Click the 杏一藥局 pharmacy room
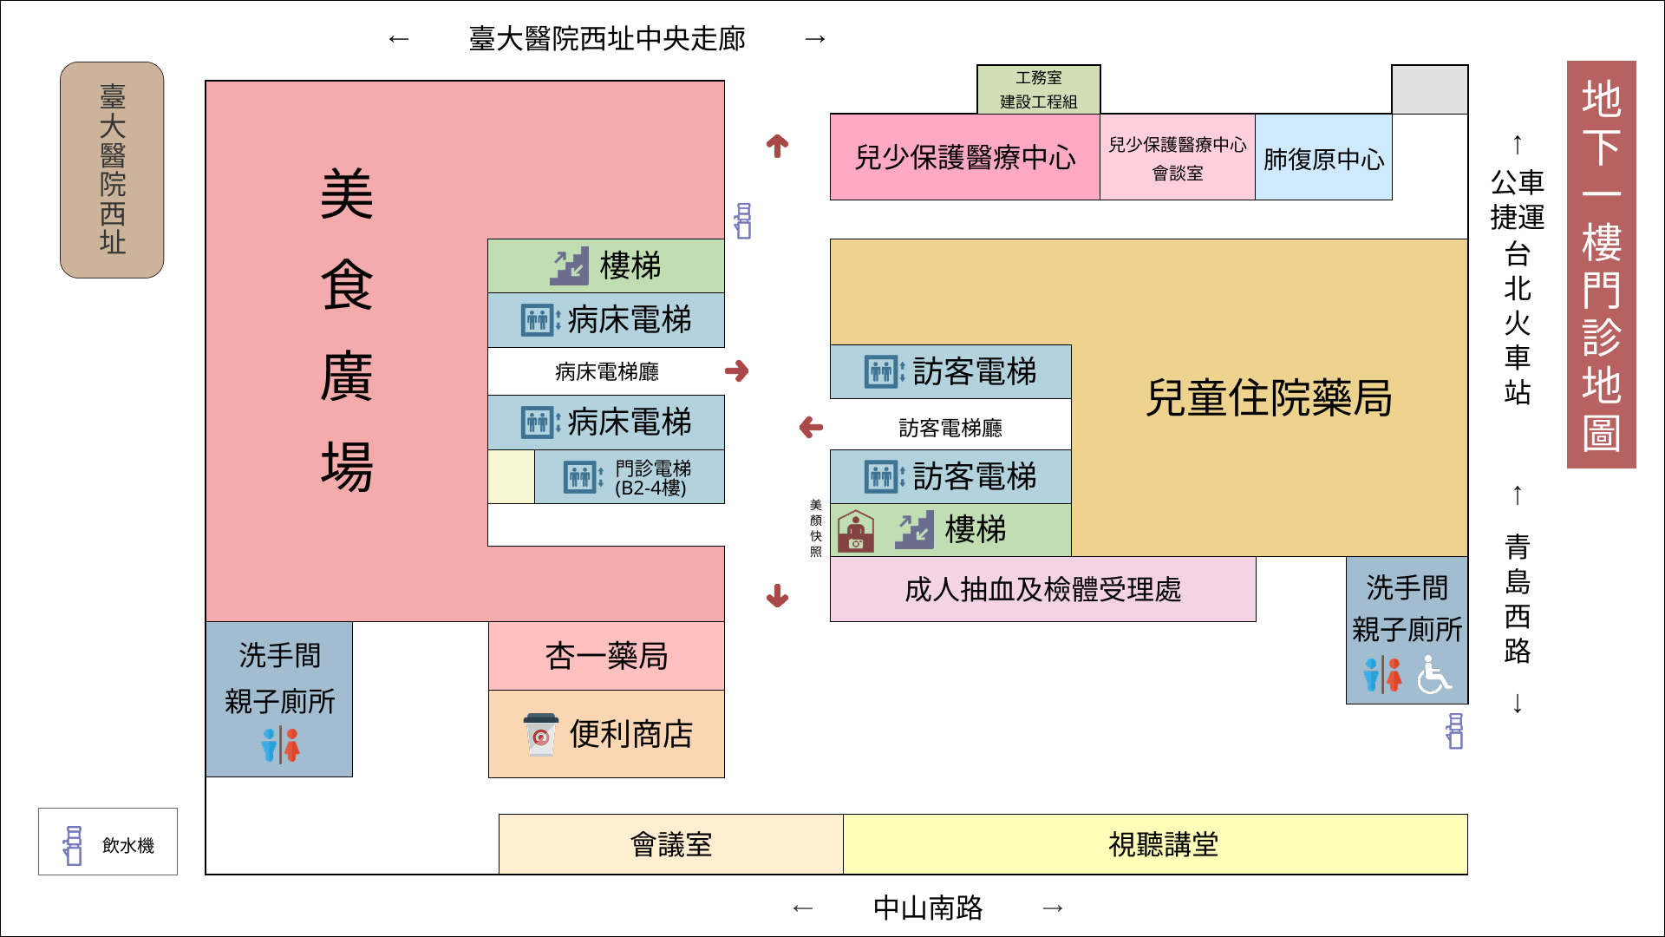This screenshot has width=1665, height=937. coord(606,656)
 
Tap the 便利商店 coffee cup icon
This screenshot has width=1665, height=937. coord(540,735)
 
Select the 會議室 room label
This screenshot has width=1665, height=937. coord(670,844)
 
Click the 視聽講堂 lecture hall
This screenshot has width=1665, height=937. coord(1163,844)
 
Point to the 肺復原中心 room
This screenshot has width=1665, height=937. coord(1323,159)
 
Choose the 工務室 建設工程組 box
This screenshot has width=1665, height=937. coord(1038,89)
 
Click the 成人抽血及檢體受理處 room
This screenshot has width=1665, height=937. coord(1042,590)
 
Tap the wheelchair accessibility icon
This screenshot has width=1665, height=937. coord(1433,674)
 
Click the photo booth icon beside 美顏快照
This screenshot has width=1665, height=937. coord(856,531)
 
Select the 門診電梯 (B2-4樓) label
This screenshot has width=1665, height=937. coord(652,477)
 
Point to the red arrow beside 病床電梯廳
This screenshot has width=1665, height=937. coord(737,371)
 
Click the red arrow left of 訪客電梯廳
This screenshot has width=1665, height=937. coord(811,427)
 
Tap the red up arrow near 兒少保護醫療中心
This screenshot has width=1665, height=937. coord(777,146)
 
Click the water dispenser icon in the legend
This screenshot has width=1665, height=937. coord(73,845)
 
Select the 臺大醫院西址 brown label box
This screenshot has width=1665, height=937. coord(112,170)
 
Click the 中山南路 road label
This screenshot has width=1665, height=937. coord(927,908)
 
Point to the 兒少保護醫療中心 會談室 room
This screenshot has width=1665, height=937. coord(1177,158)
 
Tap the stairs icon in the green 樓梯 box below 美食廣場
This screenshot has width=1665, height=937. coord(569,266)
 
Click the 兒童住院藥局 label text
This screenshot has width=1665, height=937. coord(1269,398)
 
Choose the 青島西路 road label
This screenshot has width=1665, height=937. coord(1517,599)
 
